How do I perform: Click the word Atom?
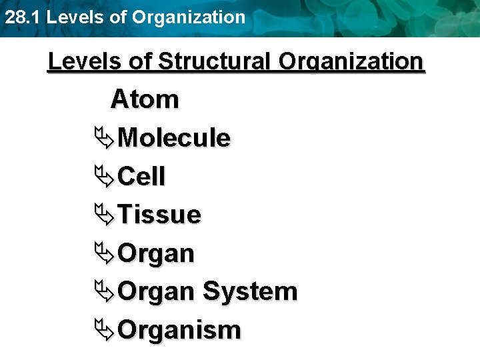[x=145, y=99]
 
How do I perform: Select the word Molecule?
[x=174, y=138]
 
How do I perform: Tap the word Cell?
[x=141, y=177]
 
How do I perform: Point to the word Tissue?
[x=159, y=215]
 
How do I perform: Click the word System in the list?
[x=249, y=291]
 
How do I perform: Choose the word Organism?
[x=179, y=330]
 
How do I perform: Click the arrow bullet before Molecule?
[x=105, y=138]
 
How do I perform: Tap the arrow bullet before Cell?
[x=105, y=177]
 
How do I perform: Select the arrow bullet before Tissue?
[x=105, y=215]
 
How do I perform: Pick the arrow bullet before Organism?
[x=105, y=330]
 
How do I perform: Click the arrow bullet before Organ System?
[x=105, y=291]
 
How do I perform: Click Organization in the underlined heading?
[x=351, y=61]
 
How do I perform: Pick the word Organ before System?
[x=156, y=291]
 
